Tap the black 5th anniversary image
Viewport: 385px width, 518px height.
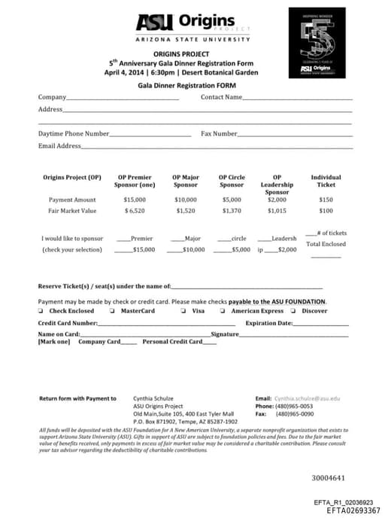pyautogui.click(x=317, y=43)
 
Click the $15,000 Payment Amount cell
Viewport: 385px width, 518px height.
pyautogui.click(x=134, y=200)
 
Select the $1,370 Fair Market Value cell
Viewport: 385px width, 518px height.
pyautogui.click(x=232, y=211)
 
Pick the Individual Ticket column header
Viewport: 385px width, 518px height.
pyautogui.click(x=326, y=181)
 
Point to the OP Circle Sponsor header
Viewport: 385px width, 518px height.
pyautogui.click(x=232, y=181)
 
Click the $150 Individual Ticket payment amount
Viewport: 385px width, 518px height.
pyautogui.click(x=326, y=200)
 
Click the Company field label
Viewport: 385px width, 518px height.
pyautogui.click(x=52, y=97)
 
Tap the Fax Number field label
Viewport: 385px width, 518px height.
pyautogui.click(x=219, y=133)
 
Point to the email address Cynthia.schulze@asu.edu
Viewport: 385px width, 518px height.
pyautogui.click(x=307, y=398)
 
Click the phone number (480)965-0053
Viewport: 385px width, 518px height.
pyautogui.click(x=295, y=406)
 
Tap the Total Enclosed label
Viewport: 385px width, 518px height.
pyautogui.click(x=326, y=244)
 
